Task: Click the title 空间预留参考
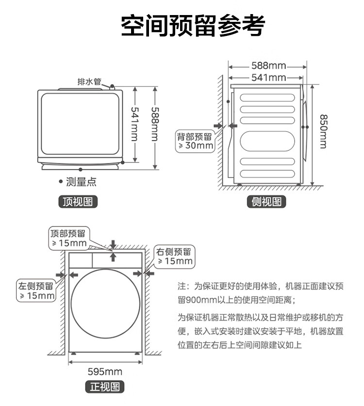pos(193,26)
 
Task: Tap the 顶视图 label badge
pos(78,201)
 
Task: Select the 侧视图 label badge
pos(266,201)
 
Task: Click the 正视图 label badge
pos(105,387)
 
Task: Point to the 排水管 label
pos(89,81)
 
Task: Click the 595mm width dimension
pos(105,372)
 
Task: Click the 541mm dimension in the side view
pos(268,77)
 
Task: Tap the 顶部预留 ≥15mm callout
pos(68,238)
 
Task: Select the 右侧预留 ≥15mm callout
pos(174,256)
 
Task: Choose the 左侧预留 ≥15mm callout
pos(36,291)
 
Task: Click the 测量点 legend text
pos(81,182)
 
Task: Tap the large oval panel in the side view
pos(268,141)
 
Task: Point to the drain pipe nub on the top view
pos(113,87)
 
